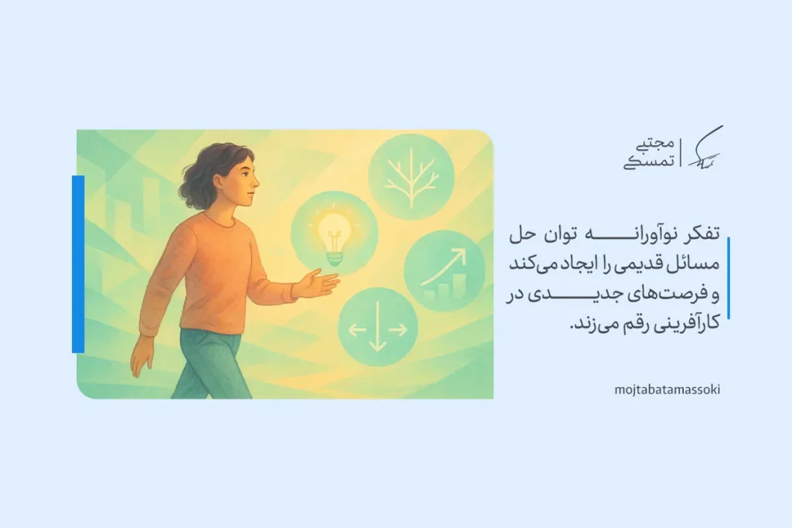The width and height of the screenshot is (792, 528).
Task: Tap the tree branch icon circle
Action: pyautogui.click(x=411, y=177)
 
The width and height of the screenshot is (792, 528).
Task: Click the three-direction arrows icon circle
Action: pyautogui.click(x=377, y=327)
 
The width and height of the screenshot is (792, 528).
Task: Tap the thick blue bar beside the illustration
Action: pyautogui.click(x=78, y=264)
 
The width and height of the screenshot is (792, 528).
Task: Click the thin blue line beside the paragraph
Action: pyautogui.click(x=729, y=278)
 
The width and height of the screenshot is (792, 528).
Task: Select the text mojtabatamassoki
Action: pyautogui.click(x=667, y=390)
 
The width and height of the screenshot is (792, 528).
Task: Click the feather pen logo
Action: pyautogui.click(x=705, y=148)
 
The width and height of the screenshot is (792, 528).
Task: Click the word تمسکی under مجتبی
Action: pyautogui.click(x=650, y=162)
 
